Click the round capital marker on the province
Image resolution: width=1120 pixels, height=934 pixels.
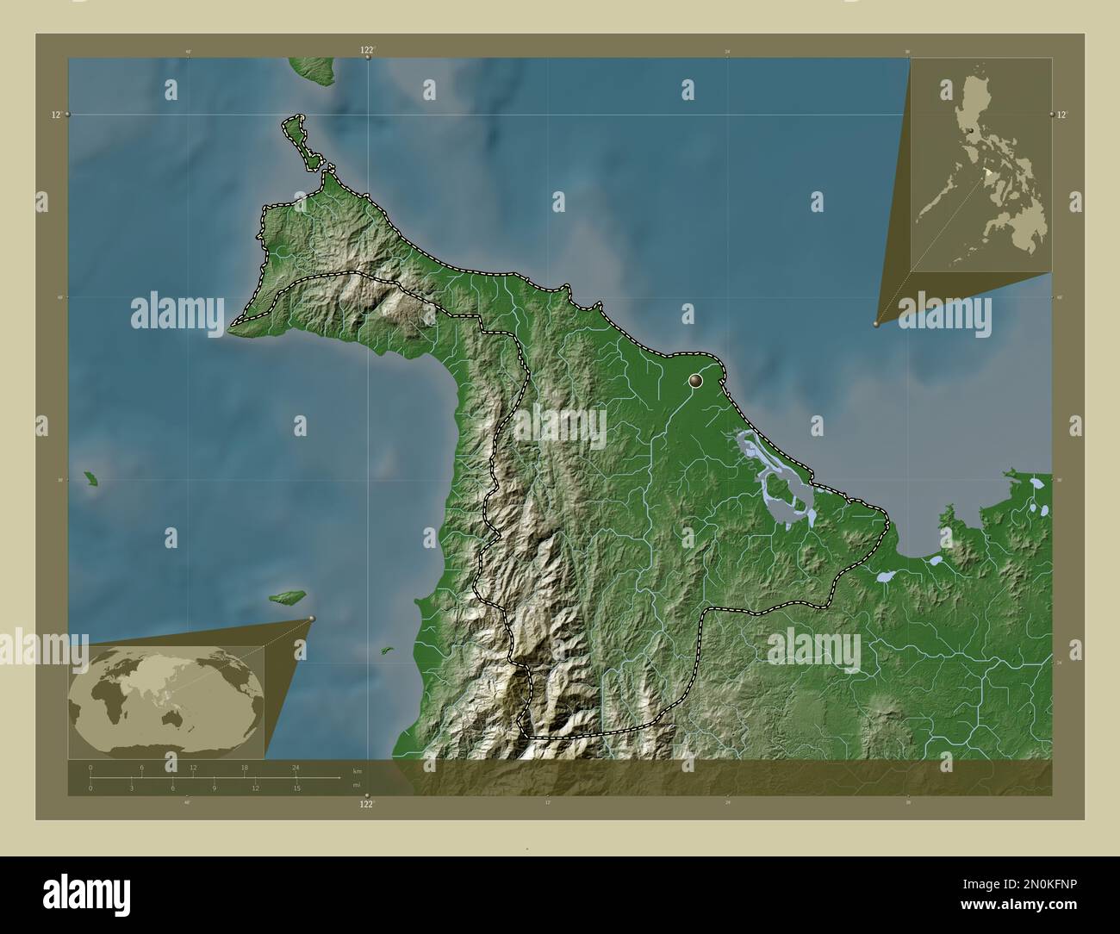click(696, 380)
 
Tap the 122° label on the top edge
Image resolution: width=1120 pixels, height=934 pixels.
click(367, 51)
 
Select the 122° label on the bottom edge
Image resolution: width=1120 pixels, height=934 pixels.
click(367, 804)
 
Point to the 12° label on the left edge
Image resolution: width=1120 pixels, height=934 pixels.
click(56, 115)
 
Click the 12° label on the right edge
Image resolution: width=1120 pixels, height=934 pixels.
click(1062, 115)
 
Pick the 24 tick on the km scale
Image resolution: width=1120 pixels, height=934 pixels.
click(296, 767)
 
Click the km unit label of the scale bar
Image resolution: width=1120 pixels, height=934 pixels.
click(357, 770)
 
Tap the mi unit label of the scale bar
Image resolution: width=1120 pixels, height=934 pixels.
click(357, 784)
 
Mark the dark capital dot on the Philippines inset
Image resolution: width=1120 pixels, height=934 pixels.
click(971, 129)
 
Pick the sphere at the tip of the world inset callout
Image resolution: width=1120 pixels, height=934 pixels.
click(312, 619)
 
